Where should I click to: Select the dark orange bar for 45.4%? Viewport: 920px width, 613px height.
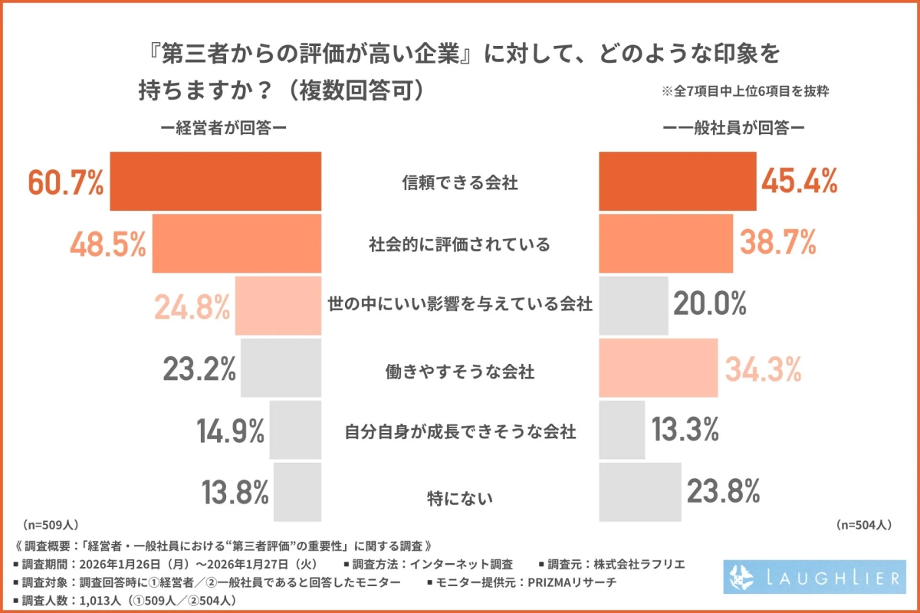coord(677,182)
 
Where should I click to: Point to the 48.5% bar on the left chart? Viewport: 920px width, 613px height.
coord(236,244)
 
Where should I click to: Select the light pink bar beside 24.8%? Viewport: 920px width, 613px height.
coord(278,306)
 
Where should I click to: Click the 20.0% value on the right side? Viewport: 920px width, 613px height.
coord(710,305)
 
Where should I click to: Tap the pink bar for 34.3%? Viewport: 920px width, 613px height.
coord(658,368)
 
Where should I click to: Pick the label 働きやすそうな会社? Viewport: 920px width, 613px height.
coord(459,373)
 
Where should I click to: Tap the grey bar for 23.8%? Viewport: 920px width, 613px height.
coord(639,491)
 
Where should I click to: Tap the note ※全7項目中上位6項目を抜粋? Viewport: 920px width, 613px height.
coord(746,90)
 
